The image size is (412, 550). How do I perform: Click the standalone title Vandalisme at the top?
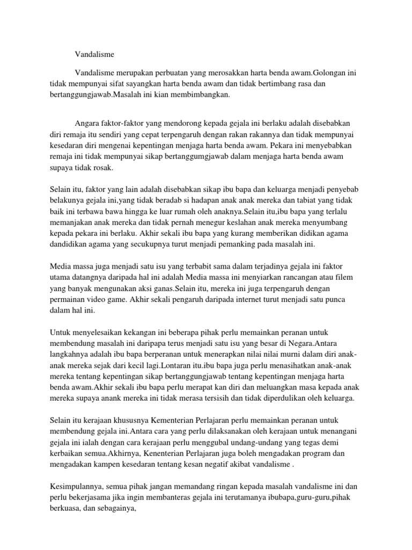95,54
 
